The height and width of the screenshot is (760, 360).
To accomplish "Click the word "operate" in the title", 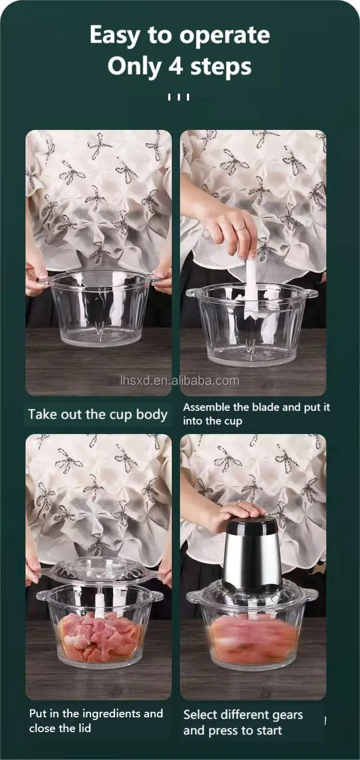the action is pyautogui.click(x=225, y=36).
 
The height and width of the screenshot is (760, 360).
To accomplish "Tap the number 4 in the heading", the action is pyautogui.click(x=175, y=65).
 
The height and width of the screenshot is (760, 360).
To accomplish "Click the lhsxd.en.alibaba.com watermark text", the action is pyautogui.click(x=180, y=381).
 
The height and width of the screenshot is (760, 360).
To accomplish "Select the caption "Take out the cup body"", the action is pyautogui.click(x=98, y=414).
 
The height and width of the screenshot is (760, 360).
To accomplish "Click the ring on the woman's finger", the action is pyautogui.click(x=240, y=229).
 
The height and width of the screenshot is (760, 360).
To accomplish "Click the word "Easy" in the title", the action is pyautogui.click(x=115, y=36).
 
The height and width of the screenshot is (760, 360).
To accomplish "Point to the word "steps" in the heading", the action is pyautogui.click(x=221, y=66).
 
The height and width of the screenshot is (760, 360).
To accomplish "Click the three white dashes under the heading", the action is pyautogui.click(x=178, y=97).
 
